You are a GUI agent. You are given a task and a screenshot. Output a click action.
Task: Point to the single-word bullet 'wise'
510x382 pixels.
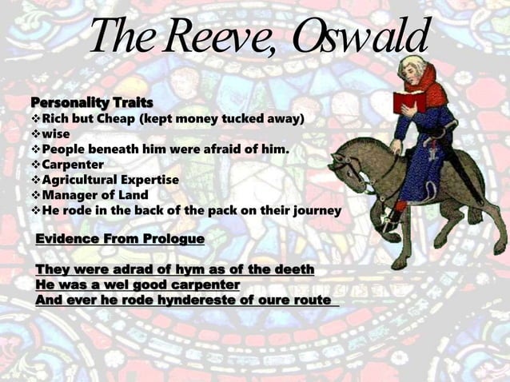[x=55, y=133]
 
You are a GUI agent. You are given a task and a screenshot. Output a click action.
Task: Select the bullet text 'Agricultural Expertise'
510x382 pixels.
[x=110, y=180]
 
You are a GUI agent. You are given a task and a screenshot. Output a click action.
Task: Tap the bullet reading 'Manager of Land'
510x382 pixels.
[x=95, y=195]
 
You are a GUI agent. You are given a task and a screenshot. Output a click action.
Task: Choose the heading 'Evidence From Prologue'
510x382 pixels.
[x=120, y=239]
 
